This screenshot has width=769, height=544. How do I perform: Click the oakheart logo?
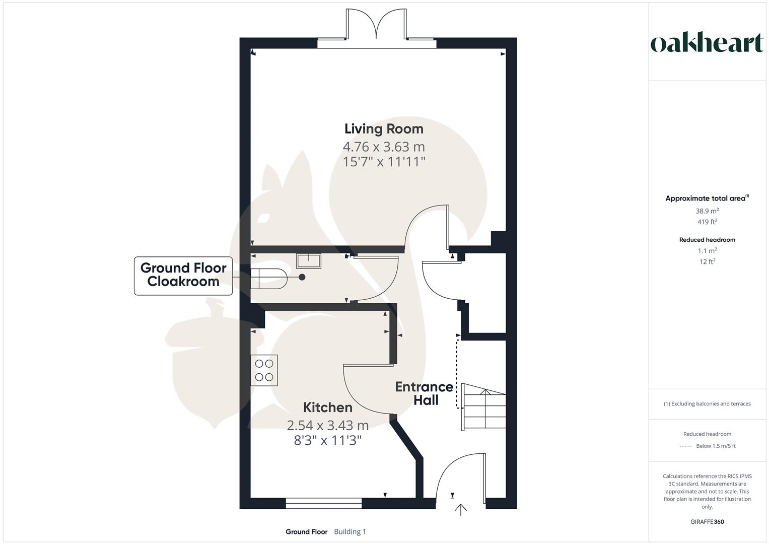point(707,43)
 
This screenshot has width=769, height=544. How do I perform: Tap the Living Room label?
point(384,129)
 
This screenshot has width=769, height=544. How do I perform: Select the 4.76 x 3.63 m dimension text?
point(384,147)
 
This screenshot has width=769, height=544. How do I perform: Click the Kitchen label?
point(327,407)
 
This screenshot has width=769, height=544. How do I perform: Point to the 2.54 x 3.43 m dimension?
point(328,426)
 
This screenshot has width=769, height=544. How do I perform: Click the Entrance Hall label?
point(424,393)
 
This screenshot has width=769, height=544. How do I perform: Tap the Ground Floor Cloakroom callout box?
point(183,275)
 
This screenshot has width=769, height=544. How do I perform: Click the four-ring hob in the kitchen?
point(264,370)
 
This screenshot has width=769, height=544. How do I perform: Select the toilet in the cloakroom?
point(269,278)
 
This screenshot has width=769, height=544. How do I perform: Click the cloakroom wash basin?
point(309,261)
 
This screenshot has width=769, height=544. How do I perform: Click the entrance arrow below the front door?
point(460,510)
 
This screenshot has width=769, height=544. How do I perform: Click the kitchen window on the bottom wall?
point(323,502)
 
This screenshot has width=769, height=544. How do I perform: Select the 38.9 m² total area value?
point(707,211)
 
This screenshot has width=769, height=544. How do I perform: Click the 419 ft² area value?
point(707,222)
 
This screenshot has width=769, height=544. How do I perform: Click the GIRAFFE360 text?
point(707,522)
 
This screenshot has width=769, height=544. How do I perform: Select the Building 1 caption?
point(350,531)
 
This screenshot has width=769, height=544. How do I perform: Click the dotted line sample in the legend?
point(685,446)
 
